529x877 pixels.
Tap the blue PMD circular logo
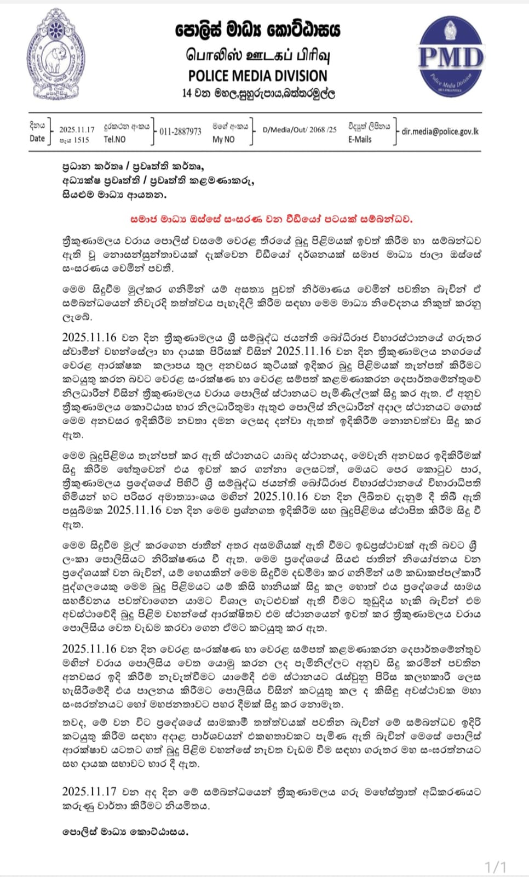451,56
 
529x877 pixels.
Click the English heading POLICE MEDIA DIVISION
257,76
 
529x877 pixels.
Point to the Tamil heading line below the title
257,55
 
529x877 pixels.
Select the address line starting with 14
258,93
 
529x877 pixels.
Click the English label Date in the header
37,138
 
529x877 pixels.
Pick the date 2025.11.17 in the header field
77,130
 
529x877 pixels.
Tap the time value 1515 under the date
81,140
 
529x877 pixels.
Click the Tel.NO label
114,139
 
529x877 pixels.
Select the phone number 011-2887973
181,132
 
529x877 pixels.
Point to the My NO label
223,139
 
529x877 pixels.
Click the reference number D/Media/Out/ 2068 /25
300,130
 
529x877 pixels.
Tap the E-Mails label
360,139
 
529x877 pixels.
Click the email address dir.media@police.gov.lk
440,132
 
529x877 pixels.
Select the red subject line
271,219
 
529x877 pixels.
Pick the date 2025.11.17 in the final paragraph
89,791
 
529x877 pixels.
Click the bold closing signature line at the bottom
125,832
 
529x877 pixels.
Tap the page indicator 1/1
496,867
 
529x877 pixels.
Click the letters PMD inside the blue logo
451,58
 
